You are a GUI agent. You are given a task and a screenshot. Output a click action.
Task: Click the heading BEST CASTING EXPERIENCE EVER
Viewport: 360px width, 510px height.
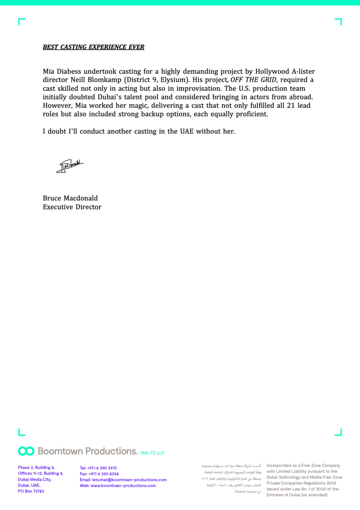coord(94,47)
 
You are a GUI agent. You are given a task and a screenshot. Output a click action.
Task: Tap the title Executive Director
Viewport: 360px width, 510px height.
coord(72,206)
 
